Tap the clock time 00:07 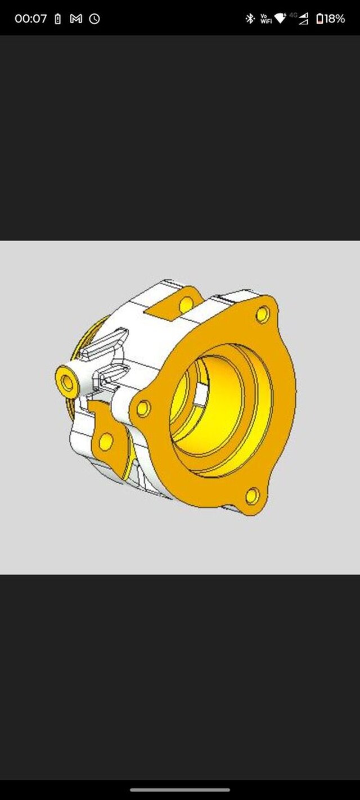pyautogui.click(x=30, y=19)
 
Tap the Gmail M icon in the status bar pyautogui.click(x=76, y=19)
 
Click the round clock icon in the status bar pyautogui.click(x=94, y=19)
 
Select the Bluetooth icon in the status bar pyautogui.click(x=250, y=19)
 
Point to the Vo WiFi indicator pyautogui.click(x=265, y=19)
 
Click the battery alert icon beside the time pyautogui.click(x=57, y=19)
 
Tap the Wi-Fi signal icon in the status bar pyautogui.click(x=280, y=19)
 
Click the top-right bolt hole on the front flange pyautogui.click(x=263, y=314)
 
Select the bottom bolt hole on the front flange pyautogui.click(x=253, y=496)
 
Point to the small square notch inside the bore pyautogui.click(x=200, y=394)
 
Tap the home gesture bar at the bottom pyautogui.click(x=180, y=789)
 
